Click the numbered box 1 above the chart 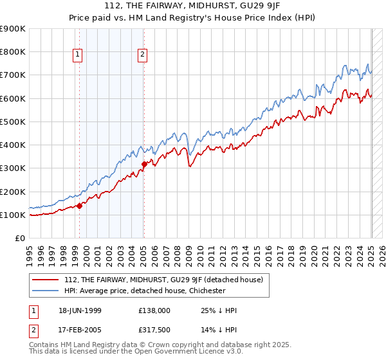tap(77, 55)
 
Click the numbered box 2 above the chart tap(142, 55)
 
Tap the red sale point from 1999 tap(80, 206)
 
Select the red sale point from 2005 tap(144, 164)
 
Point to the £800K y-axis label tap(13, 52)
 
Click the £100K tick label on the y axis tap(13, 215)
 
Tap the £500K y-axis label tap(13, 122)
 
